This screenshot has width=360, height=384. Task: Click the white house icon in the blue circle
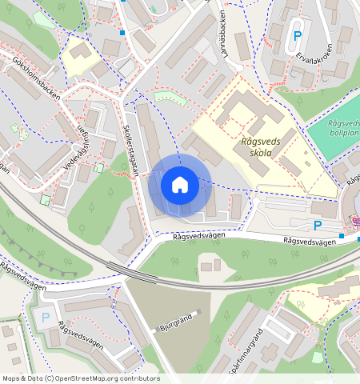click(x=180, y=186)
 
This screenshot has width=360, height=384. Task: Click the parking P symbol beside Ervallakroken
click(x=297, y=36)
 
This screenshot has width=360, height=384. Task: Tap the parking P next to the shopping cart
click(x=318, y=226)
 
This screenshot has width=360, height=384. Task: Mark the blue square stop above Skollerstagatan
click(x=122, y=33)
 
